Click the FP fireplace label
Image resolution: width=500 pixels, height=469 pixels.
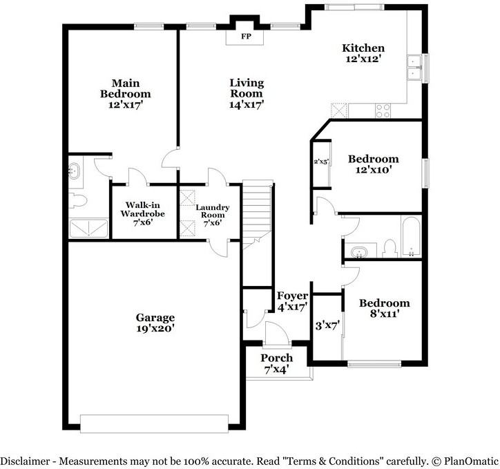[x=246, y=37]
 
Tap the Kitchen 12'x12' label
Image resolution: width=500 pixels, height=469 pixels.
[x=363, y=53]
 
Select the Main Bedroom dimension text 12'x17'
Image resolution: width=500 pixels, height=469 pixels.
[x=125, y=104]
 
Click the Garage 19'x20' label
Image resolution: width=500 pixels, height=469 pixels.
[x=155, y=323]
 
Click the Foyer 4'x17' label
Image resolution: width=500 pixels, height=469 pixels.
[x=292, y=301]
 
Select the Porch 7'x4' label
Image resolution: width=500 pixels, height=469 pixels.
[x=276, y=363]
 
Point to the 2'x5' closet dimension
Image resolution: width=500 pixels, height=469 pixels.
[x=321, y=162]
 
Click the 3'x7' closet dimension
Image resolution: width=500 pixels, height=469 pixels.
[x=327, y=326]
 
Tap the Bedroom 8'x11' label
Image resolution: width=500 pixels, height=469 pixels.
[x=384, y=308]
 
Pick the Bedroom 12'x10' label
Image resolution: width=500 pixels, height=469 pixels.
[x=373, y=164]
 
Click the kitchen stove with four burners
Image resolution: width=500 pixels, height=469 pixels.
[x=383, y=111]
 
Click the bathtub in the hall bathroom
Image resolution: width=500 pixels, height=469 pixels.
[x=412, y=237]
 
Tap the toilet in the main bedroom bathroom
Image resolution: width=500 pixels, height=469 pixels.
[x=77, y=200]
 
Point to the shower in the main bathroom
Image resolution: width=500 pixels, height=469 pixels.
[x=88, y=228]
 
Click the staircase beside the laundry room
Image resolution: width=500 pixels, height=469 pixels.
[x=258, y=216]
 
